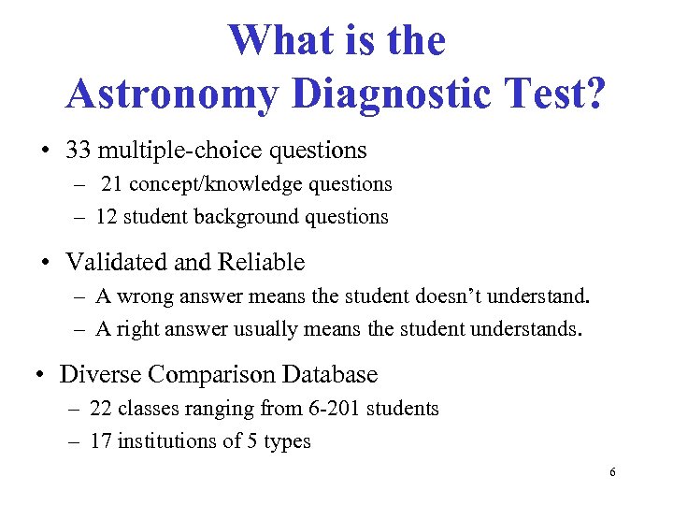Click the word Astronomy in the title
(x=172, y=94)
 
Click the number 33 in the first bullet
(x=78, y=150)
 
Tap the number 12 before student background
(x=106, y=217)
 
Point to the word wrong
(x=144, y=297)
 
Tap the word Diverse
(x=102, y=375)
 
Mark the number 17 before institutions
(x=100, y=441)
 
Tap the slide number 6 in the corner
(x=611, y=473)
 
